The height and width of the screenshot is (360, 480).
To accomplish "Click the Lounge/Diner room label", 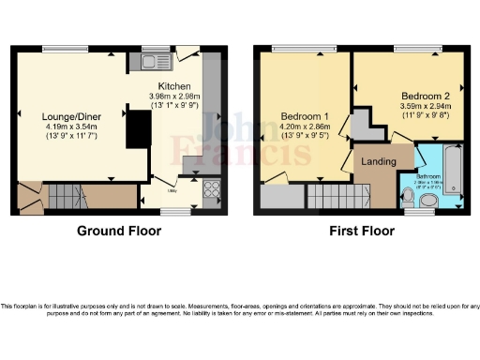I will point(78,116).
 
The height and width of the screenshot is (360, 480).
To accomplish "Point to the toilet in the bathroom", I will point(407,196).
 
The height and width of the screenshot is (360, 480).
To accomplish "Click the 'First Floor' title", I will point(358,231).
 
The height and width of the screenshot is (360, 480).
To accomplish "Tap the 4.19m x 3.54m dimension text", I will point(78,127).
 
